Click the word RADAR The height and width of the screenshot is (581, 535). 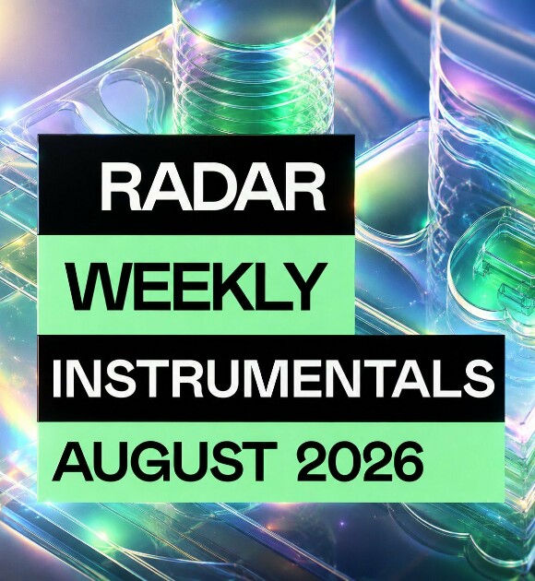[x=213, y=187]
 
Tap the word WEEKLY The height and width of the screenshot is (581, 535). [x=197, y=287]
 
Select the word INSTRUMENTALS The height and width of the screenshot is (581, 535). [x=273, y=378]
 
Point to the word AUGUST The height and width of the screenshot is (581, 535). [x=164, y=461]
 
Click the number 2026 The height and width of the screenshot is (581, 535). [x=360, y=461]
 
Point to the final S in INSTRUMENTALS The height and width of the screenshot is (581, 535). [x=478, y=378]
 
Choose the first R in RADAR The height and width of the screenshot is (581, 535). [x=122, y=187]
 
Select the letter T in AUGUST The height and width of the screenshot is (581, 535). [x=256, y=461]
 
